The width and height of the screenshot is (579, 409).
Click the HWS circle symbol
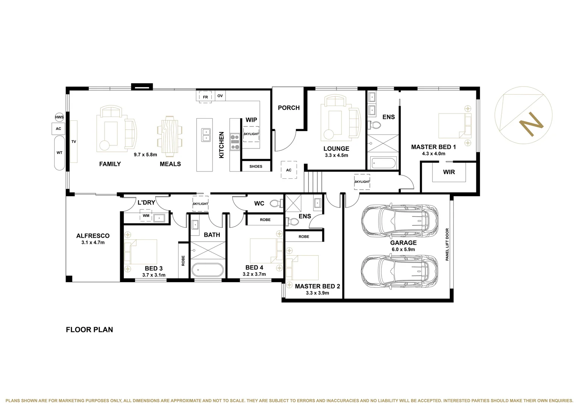59,117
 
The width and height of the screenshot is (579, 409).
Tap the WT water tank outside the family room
59,153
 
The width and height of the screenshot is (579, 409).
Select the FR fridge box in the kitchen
205,97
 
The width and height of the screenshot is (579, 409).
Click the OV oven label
220,96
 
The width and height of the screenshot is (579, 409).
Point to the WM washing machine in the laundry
146,216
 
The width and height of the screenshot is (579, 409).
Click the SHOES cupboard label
256,166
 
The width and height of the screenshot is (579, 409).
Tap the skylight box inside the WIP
251,134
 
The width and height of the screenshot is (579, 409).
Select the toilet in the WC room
277,203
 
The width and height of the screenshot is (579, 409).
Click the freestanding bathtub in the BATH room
207,270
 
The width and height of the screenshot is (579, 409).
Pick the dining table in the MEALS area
169,135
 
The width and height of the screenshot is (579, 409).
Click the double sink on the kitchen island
206,134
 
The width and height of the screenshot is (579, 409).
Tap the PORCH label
288,108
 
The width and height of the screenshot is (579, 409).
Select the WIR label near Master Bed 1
449,172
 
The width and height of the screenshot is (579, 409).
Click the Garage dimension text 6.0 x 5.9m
403,250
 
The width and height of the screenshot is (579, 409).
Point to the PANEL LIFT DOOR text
447,244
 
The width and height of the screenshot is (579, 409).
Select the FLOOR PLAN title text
89,329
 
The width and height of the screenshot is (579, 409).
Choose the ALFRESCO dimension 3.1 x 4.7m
93,242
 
